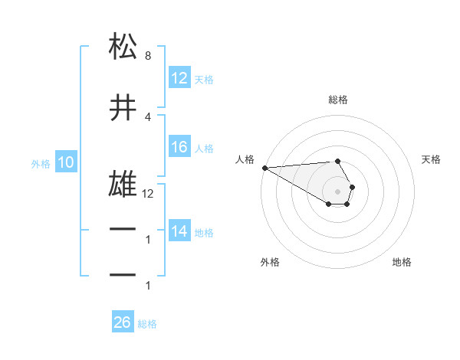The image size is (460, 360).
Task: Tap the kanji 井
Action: point(123,109)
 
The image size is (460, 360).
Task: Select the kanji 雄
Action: point(123,184)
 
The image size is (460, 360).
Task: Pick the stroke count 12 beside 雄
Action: point(148,194)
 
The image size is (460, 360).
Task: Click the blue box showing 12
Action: point(179,77)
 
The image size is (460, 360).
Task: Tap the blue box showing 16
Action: point(179,148)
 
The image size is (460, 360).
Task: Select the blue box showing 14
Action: point(179,231)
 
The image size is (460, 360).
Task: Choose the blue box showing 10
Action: point(65,162)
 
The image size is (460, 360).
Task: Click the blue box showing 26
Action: point(123,322)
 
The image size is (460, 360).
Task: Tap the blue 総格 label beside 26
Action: point(147,324)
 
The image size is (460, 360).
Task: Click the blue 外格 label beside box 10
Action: point(40,163)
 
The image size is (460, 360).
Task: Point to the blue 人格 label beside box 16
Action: point(204,149)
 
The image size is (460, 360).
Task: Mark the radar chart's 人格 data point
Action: point(264,168)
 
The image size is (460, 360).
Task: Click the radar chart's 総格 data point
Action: point(337,161)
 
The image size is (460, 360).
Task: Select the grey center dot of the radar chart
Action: point(337,191)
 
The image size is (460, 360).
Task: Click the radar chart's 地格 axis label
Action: point(402,262)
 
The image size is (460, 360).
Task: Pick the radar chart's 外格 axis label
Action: point(270,262)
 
